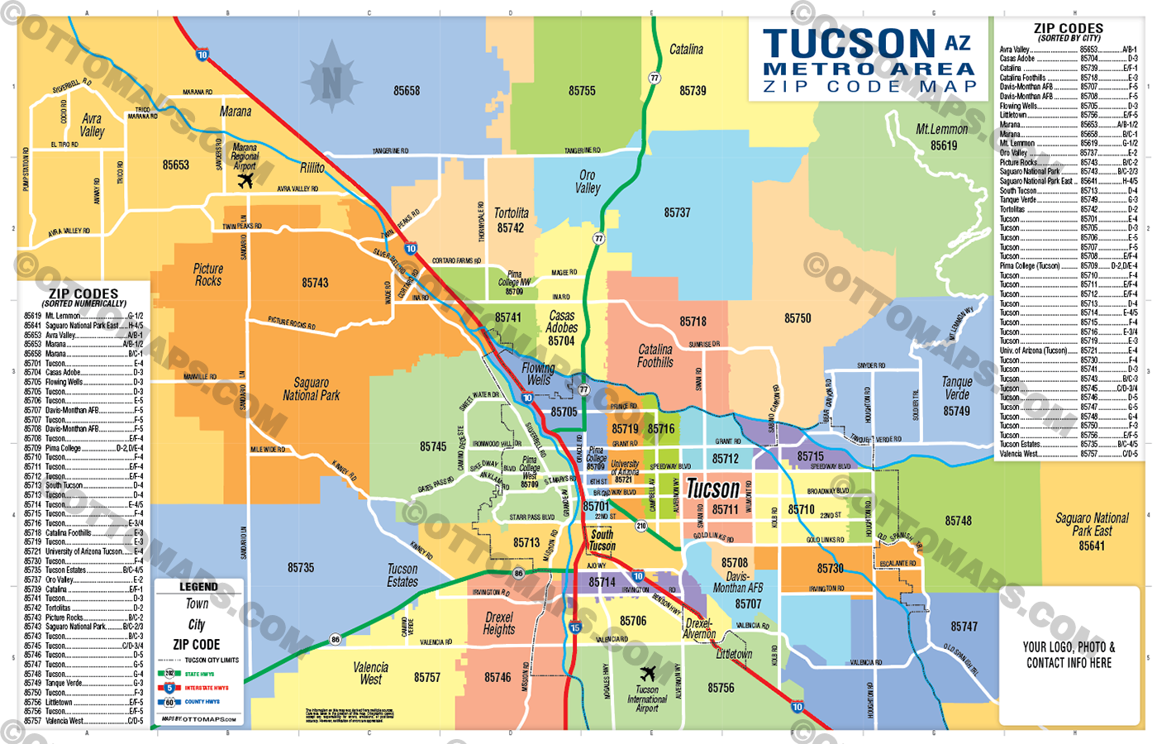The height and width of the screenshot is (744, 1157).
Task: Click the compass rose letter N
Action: tap(331, 83)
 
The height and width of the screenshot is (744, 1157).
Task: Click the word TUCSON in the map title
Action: tap(850, 43)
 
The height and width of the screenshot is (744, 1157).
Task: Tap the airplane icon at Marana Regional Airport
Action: tap(245, 180)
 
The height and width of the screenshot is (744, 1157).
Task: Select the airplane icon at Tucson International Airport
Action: tap(648, 673)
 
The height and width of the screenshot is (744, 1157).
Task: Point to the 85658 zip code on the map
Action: tap(406, 91)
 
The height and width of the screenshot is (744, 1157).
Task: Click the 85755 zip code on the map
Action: tap(582, 91)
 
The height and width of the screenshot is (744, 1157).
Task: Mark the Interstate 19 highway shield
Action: tap(575, 628)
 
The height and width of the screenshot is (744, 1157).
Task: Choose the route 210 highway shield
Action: tap(640, 526)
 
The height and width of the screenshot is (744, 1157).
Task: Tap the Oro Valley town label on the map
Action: tap(588, 182)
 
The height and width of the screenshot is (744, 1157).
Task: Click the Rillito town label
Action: tap(312, 168)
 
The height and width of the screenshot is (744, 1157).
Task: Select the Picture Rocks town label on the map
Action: tap(208, 274)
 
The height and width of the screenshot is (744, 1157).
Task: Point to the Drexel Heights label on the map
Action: tap(499, 623)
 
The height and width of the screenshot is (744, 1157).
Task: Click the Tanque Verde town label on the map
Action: tap(957, 388)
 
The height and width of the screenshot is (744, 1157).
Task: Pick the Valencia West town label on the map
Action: tap(370, 673)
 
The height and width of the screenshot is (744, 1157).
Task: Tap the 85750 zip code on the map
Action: tap(798, 318)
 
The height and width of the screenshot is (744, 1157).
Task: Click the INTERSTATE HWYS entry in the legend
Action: tap(206, 688)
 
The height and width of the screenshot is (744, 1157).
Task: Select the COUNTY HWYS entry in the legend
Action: tap(202, 702)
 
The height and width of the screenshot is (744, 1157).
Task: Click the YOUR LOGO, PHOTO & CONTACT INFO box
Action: tap(1069, 655)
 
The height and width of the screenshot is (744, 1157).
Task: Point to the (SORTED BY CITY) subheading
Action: tap(1069, 38)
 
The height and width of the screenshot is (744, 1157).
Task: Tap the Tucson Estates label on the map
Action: tap(402, 575)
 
